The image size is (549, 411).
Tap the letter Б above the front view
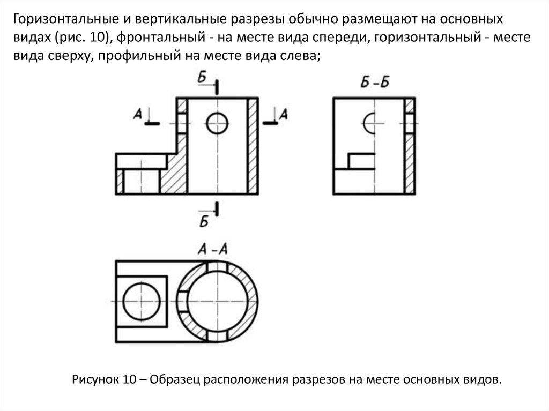202,78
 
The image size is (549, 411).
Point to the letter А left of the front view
138,113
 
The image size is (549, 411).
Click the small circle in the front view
217,123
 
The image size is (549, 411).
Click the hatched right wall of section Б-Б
410,161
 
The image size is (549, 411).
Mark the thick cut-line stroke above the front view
217,86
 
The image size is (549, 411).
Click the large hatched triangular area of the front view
175,171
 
